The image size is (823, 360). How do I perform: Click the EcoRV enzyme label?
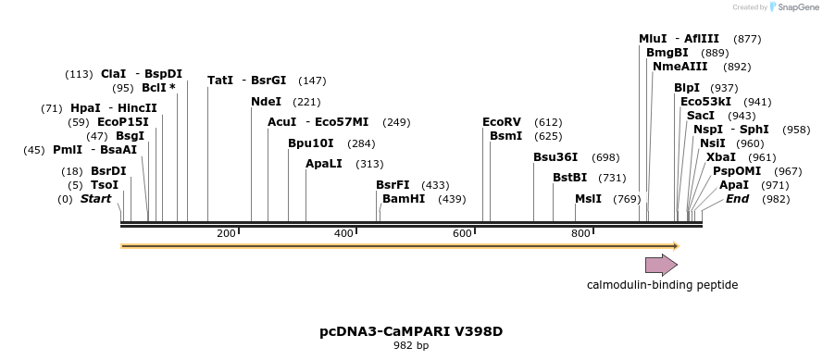coord(502,122)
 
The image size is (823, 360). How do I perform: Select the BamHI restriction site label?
coord(404,199)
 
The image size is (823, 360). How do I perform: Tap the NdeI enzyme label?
coord(267,102)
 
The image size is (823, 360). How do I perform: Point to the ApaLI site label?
coord(324,164)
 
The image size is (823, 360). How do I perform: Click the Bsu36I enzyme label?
coord(555,157)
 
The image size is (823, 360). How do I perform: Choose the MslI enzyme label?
coord(588,199)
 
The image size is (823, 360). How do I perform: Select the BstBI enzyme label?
coord(570,178)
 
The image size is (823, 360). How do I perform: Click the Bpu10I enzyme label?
coord(311,143)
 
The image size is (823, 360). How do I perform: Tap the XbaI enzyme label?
coord(721,157)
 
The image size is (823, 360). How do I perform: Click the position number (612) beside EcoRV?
coord(548,122)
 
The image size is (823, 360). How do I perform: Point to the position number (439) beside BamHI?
coord(452,199)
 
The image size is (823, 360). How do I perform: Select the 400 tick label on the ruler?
coord(343,234)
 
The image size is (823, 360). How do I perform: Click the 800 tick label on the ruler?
coord(580,234)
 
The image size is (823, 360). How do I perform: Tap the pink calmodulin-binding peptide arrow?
coord(661,266)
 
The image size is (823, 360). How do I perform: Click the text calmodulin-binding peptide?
coord(662,285)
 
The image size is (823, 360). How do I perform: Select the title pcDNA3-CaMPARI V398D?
coord(411,330)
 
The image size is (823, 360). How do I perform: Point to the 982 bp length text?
coord(411,346)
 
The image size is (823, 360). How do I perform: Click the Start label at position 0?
coord(95,199)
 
